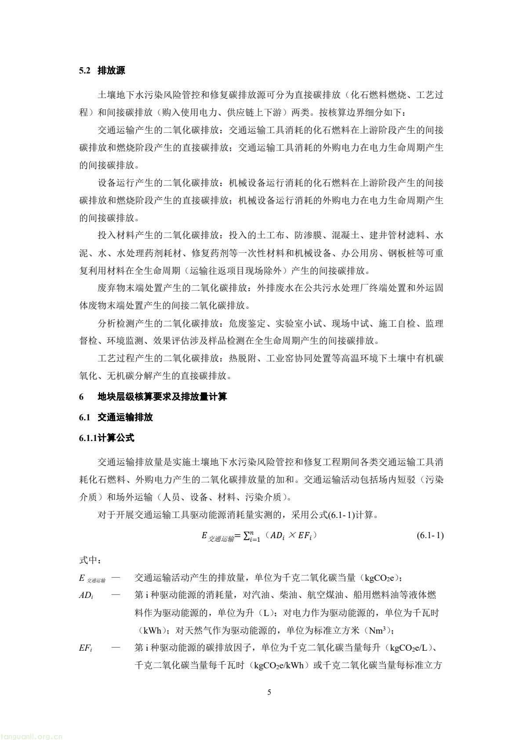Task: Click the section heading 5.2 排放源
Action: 102,71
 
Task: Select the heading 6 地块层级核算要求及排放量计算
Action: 153,397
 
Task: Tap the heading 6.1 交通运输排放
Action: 116,417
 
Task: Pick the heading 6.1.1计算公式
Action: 107,438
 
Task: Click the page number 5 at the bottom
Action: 269,693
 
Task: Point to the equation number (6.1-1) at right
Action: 429,536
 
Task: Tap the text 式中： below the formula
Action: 91,561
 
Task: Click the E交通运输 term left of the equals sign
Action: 217,536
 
